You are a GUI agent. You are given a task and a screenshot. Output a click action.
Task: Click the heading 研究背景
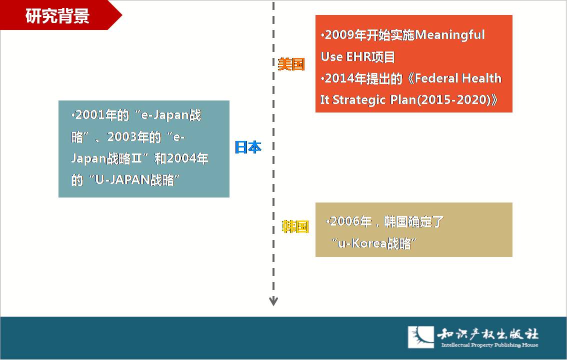(x=57, y=16)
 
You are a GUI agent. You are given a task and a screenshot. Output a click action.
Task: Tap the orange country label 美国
(x=291, y=64)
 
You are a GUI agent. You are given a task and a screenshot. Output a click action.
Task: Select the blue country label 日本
(x=248, y=147)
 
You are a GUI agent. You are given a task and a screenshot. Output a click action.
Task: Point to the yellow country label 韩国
(x=295, y=226)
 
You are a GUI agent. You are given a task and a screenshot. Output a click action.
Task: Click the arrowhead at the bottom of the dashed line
(x=273, y=301)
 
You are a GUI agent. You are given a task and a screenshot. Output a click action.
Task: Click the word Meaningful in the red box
(x=450, y=35)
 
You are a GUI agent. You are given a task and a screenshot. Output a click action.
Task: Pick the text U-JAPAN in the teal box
(x=122, y=179)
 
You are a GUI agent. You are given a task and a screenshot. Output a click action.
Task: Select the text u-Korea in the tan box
(x=362, y=243)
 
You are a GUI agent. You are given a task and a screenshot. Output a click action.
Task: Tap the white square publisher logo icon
(x=421, y=337)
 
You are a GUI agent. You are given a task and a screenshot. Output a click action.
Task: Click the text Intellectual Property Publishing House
(x=489, y=345)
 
